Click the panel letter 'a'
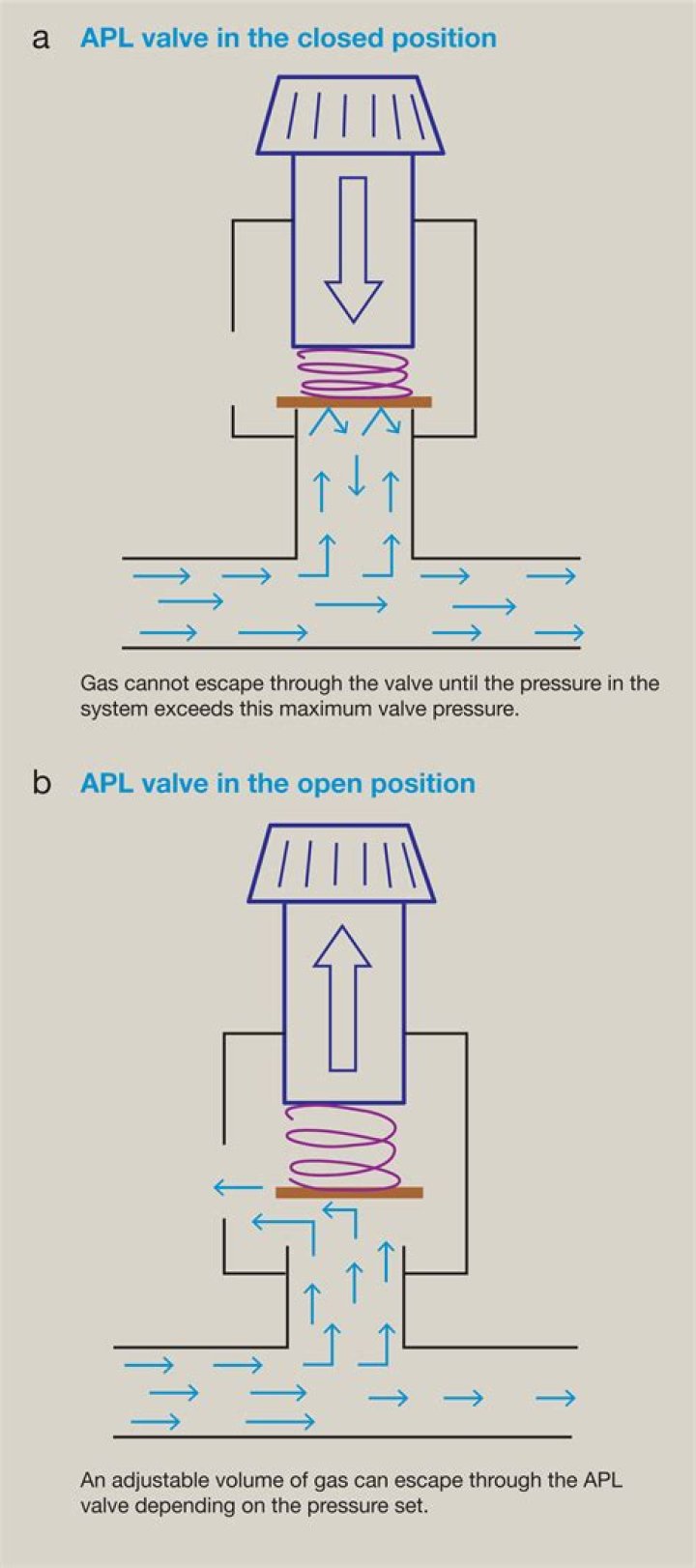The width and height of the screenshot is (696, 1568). point(41,40)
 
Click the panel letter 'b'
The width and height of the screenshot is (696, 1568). point(41,783)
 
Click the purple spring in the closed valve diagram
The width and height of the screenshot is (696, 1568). point(354,373)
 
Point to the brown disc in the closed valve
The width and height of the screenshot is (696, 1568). point(354,401)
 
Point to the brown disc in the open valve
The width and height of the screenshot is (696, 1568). point(349,1192)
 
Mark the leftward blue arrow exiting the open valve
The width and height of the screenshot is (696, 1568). point(238,1187)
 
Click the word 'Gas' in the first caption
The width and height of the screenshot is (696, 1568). point(98,683)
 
